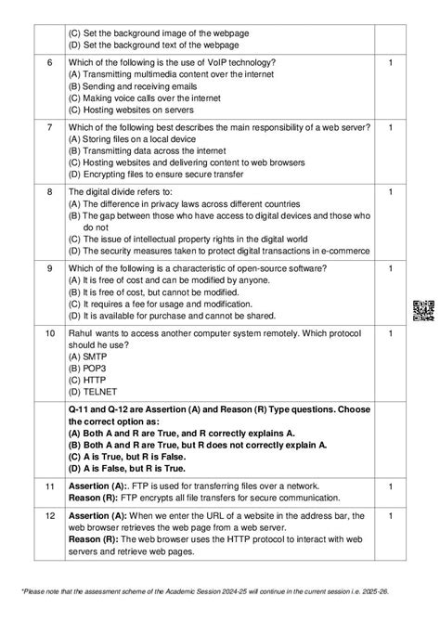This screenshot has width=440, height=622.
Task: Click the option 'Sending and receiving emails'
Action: tap(140, 85)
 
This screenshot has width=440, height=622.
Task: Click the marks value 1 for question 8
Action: tap(391, 191)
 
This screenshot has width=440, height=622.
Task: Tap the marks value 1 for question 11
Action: tap(391, 486)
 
